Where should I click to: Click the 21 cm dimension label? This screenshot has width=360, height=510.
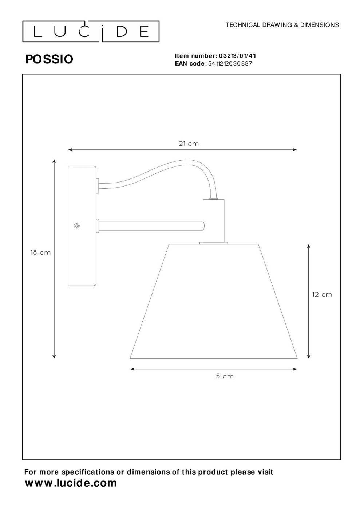[x=189, y=144]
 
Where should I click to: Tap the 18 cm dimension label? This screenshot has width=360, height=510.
[x=40, y=252]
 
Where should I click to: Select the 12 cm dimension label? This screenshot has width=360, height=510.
[x=322, y=294]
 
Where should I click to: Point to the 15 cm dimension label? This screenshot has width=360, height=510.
[x=223, y=376]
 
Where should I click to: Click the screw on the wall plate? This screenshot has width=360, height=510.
[x=77, y=226]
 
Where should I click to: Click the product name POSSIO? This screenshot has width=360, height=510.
[x=49, y=59]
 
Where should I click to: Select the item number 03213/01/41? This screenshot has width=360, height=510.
[x=237, y=56]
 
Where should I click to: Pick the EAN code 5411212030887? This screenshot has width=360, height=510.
[x=230, y=63]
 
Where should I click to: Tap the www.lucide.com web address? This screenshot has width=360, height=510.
[x=71, y=483]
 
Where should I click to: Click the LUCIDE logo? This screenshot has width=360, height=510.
[x=91, y=32]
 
